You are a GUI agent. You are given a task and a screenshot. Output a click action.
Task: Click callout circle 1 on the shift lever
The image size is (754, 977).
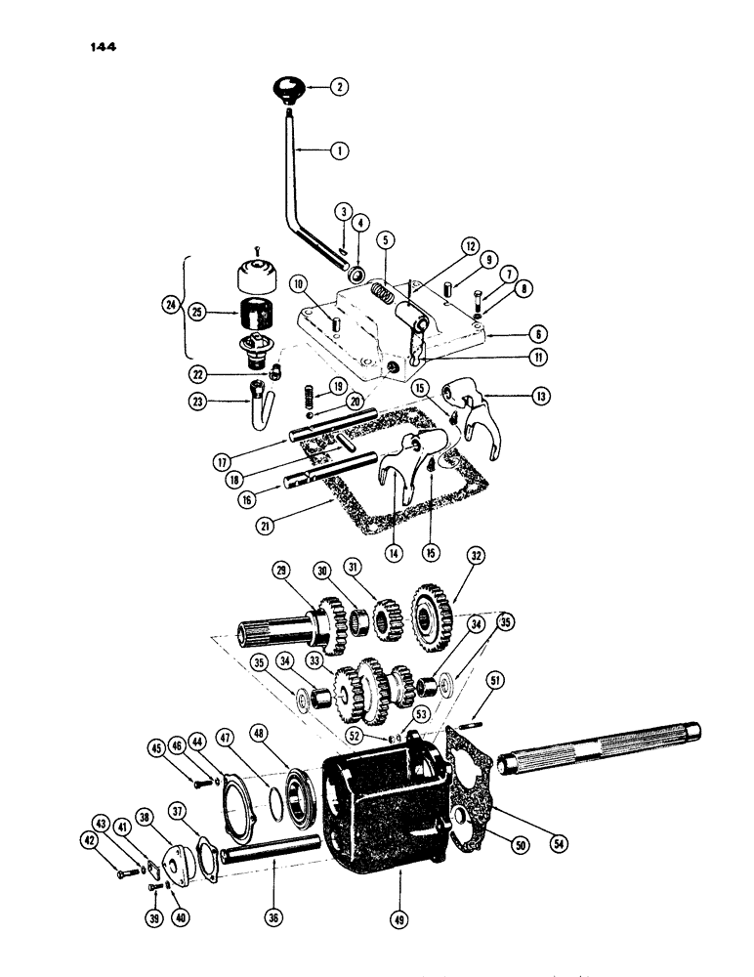[x=338, y=151]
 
